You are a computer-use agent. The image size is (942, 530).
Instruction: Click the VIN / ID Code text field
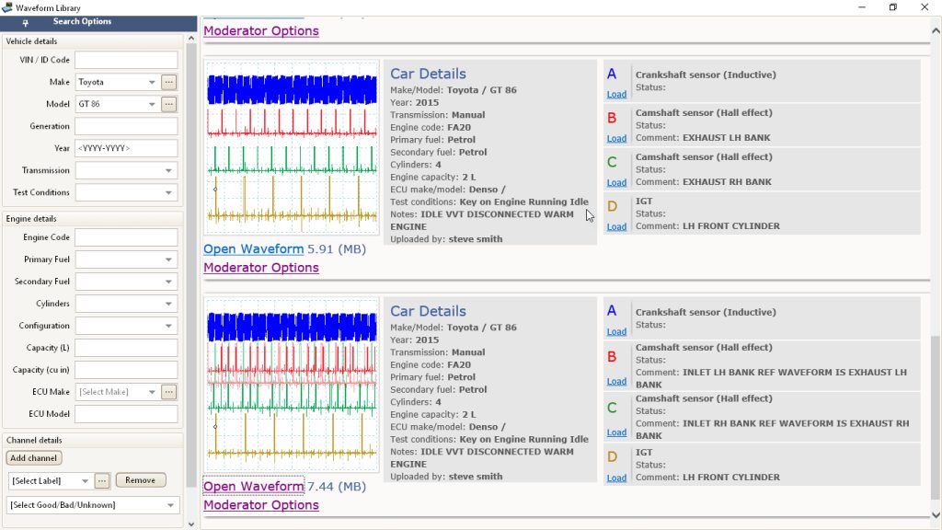point(126,60)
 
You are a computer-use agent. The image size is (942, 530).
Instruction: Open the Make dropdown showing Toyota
point(117,82)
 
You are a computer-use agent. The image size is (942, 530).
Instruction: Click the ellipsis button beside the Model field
point(169,104)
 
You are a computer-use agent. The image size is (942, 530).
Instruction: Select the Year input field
point(126,148)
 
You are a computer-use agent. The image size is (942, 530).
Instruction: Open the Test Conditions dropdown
point(126,193)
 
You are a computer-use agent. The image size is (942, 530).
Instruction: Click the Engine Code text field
point(126,237)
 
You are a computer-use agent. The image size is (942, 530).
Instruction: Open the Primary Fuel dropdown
point(126,259)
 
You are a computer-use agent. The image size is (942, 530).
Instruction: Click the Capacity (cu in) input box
point(126,370)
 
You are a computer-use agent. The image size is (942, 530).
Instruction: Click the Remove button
point(141,480)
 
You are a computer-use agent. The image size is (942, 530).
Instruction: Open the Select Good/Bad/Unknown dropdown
point(93,505)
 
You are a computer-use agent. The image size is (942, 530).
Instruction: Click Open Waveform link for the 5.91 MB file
point(254,248)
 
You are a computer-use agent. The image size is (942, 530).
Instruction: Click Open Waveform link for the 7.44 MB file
point(254,486)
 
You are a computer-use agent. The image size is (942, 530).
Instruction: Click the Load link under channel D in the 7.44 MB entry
point(616,478)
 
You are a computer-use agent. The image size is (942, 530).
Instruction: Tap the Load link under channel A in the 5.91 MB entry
point(616,95)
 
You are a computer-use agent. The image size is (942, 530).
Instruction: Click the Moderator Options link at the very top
point(261,30)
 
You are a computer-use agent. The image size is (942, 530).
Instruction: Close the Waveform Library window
point(925,7)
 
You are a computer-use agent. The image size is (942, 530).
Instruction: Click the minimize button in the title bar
point(862,7)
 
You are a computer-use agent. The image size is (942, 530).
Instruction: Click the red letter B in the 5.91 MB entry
point(612,118)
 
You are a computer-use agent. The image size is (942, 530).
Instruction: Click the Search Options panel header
point(82,22)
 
